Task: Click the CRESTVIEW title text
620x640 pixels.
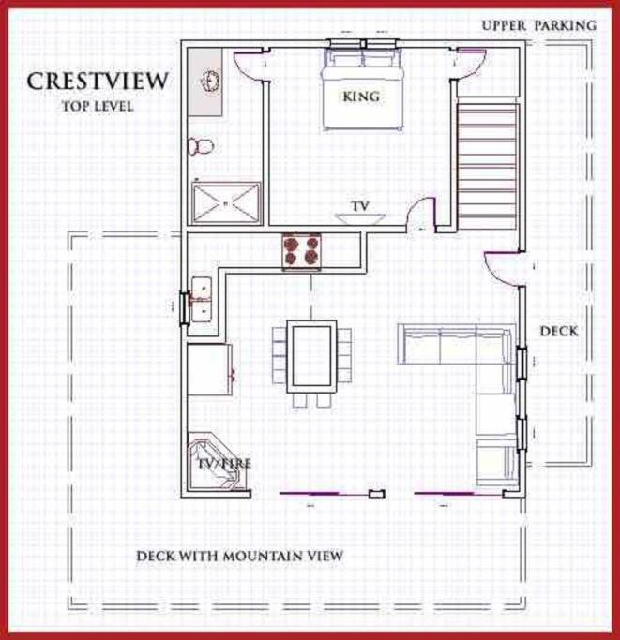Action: click(x=98, y=81)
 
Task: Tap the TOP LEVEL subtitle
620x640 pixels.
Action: click(x=98, y=107)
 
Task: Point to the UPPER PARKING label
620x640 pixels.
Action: click(x=539, y=25)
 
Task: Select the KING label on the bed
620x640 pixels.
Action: click(x=361, y=97)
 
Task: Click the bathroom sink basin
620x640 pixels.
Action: click(x=211, y=81)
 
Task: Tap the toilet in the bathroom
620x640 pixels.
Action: click(x=201, y=146)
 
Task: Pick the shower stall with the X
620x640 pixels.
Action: click(x=226, y=203)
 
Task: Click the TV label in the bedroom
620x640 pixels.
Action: click(x=360, y=206)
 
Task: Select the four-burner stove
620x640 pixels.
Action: click(x=302, y=251)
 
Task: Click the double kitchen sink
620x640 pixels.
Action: click(x=201, y=300)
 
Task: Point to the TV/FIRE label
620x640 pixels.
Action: click(x=224, y=464)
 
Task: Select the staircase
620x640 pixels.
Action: click(x=487, y=167)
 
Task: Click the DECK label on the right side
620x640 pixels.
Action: click(x=559, y=331)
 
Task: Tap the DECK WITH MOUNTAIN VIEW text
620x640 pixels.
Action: click(x=239, y=556)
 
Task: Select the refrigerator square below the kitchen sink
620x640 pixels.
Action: click(x=209, y=369)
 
